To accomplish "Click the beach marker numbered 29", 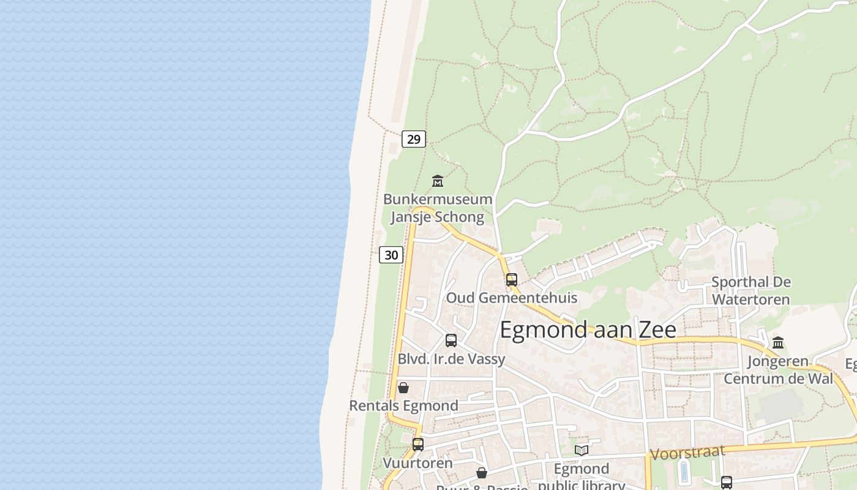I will [x=414, y=139].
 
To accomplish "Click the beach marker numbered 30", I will [x=391, y=255].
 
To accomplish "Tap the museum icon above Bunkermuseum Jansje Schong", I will [x=438, y=181].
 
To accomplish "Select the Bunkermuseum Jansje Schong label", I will [x=438, y=208].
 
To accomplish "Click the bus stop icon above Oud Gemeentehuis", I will [x=512, y=280].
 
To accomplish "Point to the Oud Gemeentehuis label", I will [x=512, y=298].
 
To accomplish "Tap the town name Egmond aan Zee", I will [x=588, y=330].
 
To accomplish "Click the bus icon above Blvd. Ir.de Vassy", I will [x=451, y=341].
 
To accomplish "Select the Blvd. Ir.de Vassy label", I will [x=452, y=359].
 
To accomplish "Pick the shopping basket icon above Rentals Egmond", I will [x=403, y=388].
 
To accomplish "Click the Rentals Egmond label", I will [x=403, y=405].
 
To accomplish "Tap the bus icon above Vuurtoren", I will [x=418, y=445].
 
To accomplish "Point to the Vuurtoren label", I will [x=418, y=463].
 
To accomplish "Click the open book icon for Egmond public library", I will [x=582, y=451].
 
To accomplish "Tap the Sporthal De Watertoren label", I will [x=750, y=291].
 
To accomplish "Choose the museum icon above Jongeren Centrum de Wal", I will [x=778, y=342].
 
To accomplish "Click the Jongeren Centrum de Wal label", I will [x=778, y=370].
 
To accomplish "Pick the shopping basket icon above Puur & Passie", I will [x=482, y=473].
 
